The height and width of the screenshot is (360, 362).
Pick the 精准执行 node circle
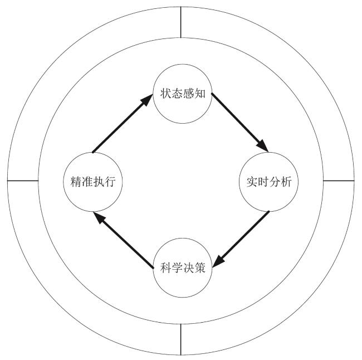91,182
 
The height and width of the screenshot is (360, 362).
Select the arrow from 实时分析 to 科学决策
241,238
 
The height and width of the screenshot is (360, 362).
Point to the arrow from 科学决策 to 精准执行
123,241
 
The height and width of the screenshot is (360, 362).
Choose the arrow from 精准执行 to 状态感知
121,124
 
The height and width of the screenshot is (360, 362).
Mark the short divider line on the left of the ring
23,181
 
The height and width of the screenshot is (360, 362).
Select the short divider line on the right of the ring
339,181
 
